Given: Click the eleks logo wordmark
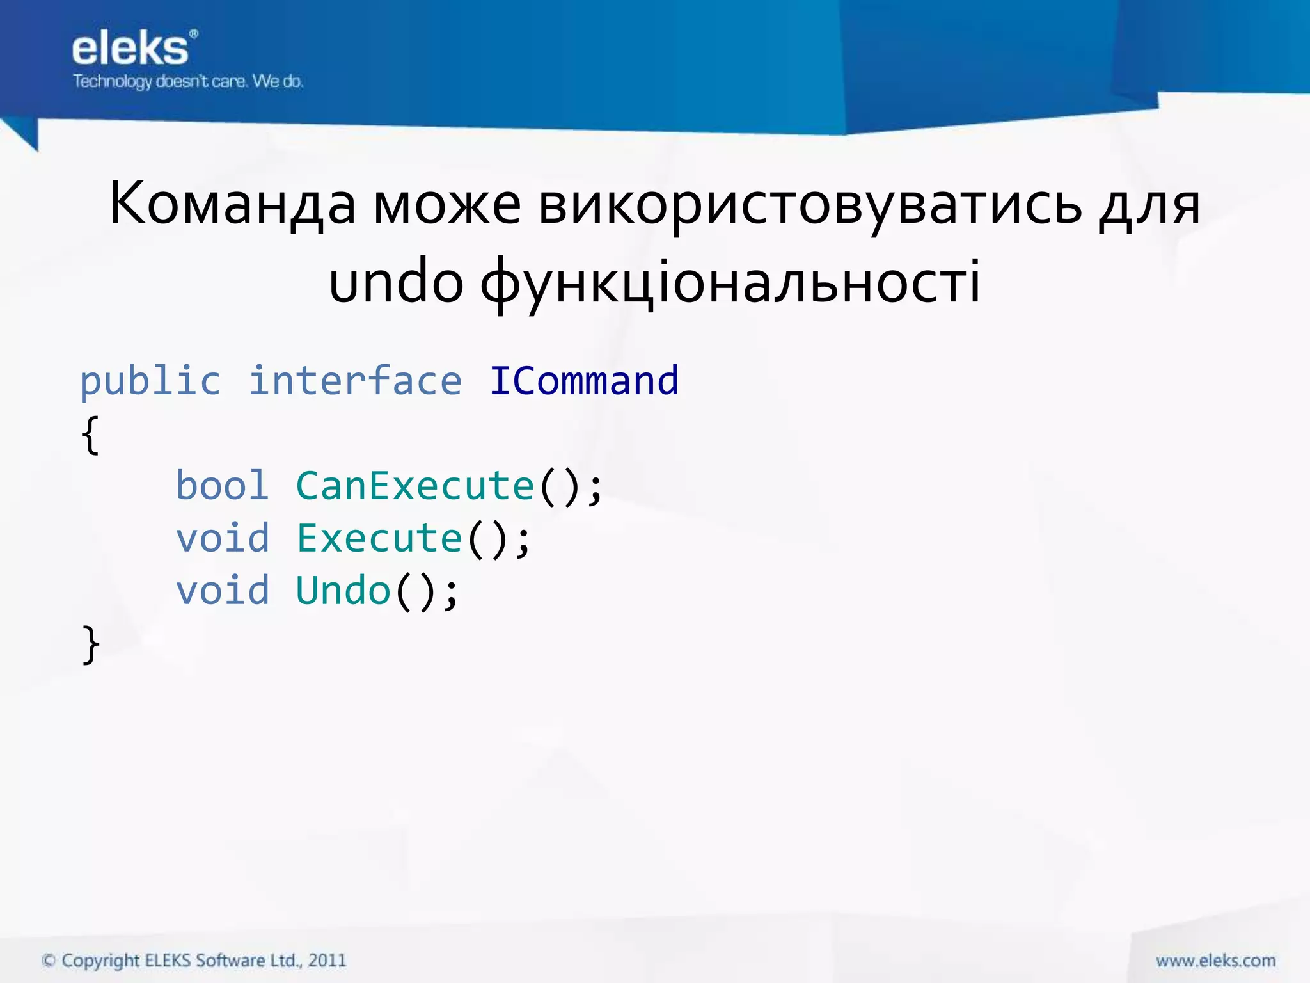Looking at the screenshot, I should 130,49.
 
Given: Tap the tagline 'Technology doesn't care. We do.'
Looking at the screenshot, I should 188,81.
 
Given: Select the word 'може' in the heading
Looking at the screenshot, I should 446,205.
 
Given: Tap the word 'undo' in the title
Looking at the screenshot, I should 396,282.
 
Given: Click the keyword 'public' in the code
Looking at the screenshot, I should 150,381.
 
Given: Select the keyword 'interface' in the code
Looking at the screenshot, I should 355,381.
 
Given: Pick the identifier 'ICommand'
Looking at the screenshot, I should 583,381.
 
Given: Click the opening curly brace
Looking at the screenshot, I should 90,435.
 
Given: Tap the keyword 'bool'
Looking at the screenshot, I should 222,486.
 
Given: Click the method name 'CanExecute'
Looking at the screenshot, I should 414,486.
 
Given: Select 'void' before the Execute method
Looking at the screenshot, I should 222,538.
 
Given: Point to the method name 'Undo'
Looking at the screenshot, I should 343,590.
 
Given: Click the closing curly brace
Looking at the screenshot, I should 91,644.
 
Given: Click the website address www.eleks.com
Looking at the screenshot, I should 1215,961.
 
